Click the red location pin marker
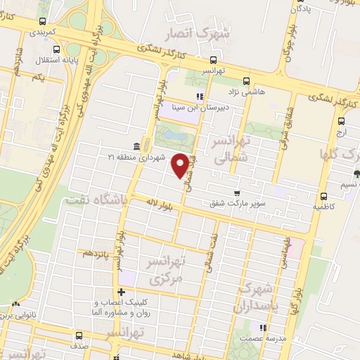pyautogui.click(x=180, y=165)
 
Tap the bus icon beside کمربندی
pyautogui.click(x=44, y=22)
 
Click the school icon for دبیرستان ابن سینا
pyautogui.click(x=200, y=96)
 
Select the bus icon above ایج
pyautogui.click(x=341, y=120)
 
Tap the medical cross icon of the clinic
pyautogui.click(x=121, y=292)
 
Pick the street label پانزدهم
pyautogui.click(x=97, y=252)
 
